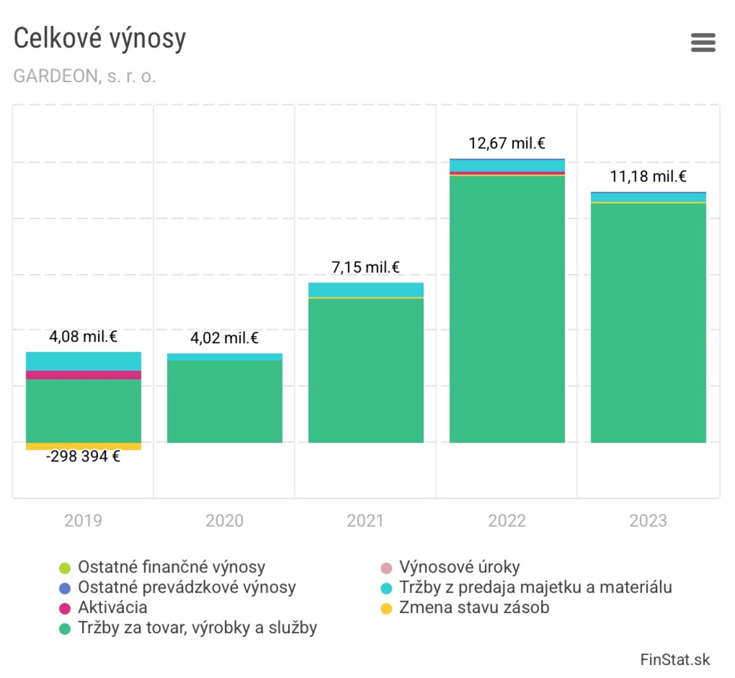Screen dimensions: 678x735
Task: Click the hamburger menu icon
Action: tap(703, 42)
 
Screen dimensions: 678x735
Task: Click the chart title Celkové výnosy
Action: tap(100, 39)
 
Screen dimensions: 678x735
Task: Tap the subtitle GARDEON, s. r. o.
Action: tap(85, 76)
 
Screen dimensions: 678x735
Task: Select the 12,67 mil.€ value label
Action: tap(507, 143)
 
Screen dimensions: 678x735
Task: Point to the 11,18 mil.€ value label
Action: tap(648, 177)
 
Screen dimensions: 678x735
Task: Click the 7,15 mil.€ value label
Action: tap(366, 267)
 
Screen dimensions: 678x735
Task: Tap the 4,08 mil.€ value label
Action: tap(83, 337)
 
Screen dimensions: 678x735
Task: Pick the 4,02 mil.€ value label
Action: tap(224, 338)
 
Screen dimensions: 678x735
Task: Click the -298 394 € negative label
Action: tap(83, 457)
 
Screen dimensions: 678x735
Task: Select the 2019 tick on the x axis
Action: tap(83, 520)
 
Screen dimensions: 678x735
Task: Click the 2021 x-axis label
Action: tap(366, 520)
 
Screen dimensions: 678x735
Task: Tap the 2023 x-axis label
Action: tap(648, 520)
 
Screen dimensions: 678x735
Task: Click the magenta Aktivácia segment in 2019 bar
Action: tap(83, 375)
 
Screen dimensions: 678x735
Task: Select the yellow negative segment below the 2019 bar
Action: tap(83, 446)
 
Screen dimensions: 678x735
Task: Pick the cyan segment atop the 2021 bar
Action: tap(366, 289)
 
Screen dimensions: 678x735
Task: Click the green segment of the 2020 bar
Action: tap(224, 402)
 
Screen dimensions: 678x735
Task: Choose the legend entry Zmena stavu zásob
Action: tap(474, 608)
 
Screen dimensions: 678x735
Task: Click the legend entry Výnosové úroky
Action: tap(459, 567)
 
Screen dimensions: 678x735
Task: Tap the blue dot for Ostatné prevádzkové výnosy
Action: tap(65, 588)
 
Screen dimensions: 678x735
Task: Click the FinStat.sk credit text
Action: tap(674, 660)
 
